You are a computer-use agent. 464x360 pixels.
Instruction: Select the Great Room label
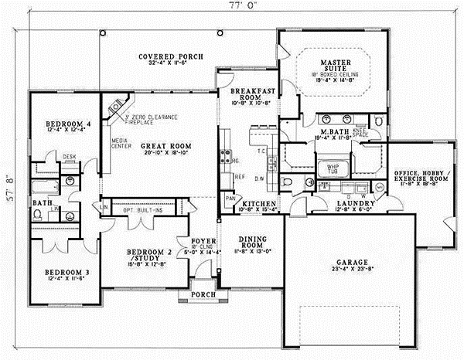point(168,145)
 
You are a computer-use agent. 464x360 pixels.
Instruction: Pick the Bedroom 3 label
point(64,272)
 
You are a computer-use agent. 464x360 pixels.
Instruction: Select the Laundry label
point(355,204)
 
